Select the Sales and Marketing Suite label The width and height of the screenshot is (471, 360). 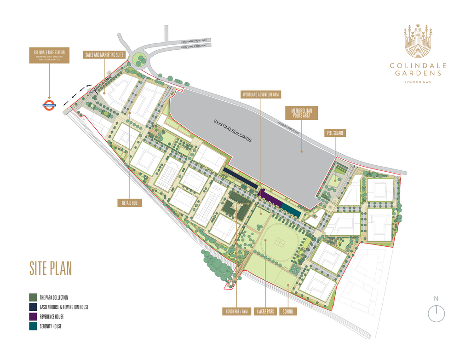104,54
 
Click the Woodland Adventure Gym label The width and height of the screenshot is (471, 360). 261,94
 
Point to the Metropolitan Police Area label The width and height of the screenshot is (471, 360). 302,114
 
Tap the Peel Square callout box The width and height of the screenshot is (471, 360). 335,133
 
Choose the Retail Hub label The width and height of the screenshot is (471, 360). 129,203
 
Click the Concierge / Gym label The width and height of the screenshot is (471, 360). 237,312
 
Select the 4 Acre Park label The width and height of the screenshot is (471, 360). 265,312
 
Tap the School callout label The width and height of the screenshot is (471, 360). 288,312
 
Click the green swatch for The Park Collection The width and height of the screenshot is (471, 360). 33,297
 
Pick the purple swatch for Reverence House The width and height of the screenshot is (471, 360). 33,317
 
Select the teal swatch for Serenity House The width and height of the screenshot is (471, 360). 33,326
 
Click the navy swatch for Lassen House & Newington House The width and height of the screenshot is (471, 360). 33,307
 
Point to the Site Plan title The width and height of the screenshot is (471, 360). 51,268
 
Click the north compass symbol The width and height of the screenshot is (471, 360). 436,314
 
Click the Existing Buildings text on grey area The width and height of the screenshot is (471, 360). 232,130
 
